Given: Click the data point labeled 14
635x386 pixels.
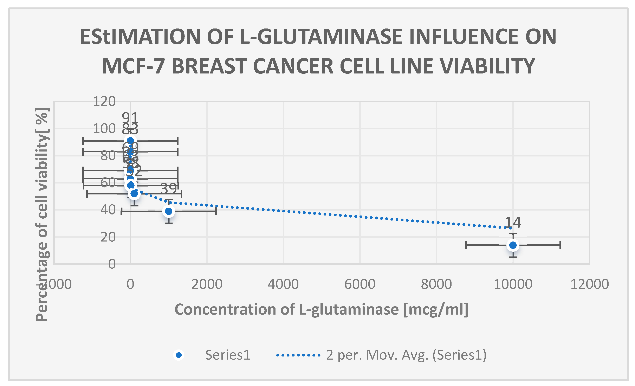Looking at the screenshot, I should click(513, 245).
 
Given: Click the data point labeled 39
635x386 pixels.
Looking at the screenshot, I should click(169, 211).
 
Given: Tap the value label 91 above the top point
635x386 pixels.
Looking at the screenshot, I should click(130, 118).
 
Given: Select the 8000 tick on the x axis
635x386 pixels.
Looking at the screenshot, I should click(436, 284).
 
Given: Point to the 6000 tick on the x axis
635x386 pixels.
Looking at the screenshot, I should click(360, 284).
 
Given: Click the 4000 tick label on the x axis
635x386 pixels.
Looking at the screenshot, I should click(283, 284).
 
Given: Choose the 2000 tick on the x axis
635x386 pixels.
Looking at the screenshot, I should click(207, 284).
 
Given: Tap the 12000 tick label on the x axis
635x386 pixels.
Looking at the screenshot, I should click(590, 284).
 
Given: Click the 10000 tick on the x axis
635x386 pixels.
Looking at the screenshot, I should click(513, 284).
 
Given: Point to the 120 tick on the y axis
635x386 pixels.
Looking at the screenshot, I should click(104, 101).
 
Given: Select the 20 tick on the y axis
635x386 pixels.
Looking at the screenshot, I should click(108, 237).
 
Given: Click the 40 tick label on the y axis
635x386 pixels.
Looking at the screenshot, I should click(108, 210).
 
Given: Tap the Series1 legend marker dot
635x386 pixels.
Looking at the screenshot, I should click(179, 355).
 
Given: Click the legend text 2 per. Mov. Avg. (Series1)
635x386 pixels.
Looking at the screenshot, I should click(406, 355).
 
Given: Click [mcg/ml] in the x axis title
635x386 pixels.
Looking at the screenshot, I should click(435, 309).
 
